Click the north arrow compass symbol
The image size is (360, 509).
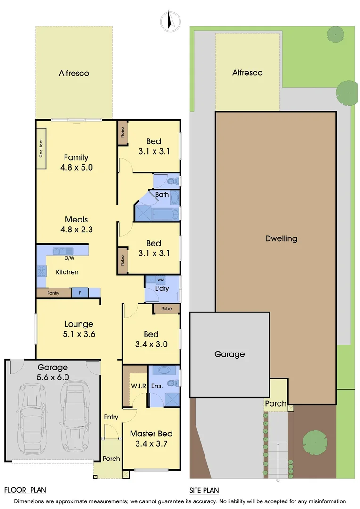[171, 20]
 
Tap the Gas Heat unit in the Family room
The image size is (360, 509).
[41, 148]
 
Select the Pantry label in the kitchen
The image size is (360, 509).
[53, 293]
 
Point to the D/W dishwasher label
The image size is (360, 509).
[69, 258]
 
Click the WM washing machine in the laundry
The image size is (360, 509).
[161, 280]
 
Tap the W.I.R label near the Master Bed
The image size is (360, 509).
[139, 386]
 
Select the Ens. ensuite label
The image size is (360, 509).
[157, 386]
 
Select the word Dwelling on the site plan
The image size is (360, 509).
[281, 238]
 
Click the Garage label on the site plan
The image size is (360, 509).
[229, 354]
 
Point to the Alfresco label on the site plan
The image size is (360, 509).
[247, 73]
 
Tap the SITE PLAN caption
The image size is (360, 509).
[204, 490]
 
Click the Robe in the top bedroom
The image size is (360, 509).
[122, 132]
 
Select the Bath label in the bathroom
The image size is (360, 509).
[162, 194]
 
